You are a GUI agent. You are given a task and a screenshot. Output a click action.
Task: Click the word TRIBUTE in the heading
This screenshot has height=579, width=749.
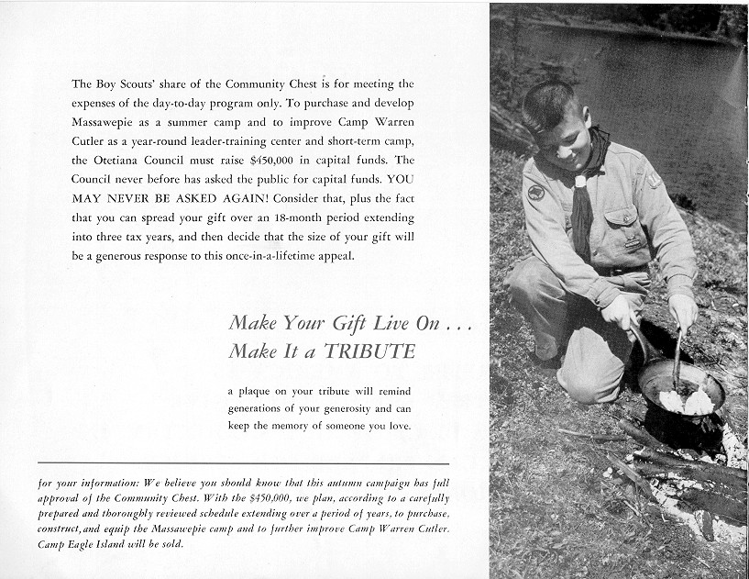click(372, 351)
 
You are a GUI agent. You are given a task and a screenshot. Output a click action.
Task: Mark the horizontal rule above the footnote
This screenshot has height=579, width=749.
click(244, 463)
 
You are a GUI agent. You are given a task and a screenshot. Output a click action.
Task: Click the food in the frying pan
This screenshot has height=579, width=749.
click(687, 401)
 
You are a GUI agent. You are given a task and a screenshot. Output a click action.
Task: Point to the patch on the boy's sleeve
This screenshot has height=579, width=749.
click(535, 193)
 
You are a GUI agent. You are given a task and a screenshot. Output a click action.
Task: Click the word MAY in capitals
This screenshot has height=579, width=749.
click(88, 198)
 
